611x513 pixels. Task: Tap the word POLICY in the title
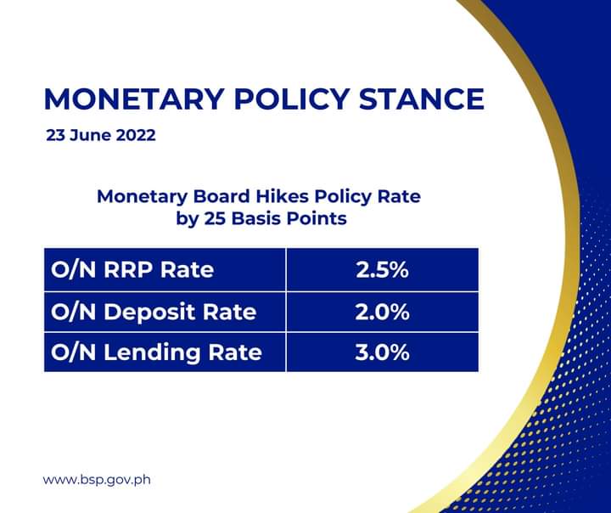click(291, 99)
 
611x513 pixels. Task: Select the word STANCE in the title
click(421, 99)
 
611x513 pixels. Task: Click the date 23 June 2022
click(101, 135)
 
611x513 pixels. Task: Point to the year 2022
click(136, 135)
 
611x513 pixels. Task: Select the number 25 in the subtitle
click(214, 218)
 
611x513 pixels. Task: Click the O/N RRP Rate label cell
click(165, 269)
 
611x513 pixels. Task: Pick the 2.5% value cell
click(382, 269)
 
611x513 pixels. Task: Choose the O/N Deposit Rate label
click(154, 312)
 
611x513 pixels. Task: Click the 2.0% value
click(382, 312)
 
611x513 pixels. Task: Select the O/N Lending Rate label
click(156, 352)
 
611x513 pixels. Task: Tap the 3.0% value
click(382, 352)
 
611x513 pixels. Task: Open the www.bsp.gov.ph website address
click(97, 479)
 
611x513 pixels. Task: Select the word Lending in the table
click(152, 352)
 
